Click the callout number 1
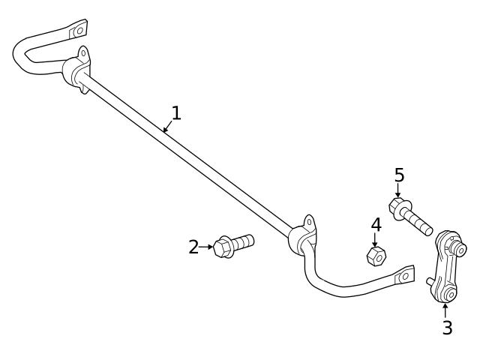tap(175, 113)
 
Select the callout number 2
tap(193, 247)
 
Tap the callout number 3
tap(447, 328)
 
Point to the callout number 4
tap(376, 224)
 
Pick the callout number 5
tap(399, 175)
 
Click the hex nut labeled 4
tap(376, 256)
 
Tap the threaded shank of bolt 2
tap(244, 242)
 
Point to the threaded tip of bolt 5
tap(424, 224)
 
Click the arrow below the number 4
tap(376, 240)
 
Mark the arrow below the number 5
tap(398, 190)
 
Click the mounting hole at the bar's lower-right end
tap(406, 275)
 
